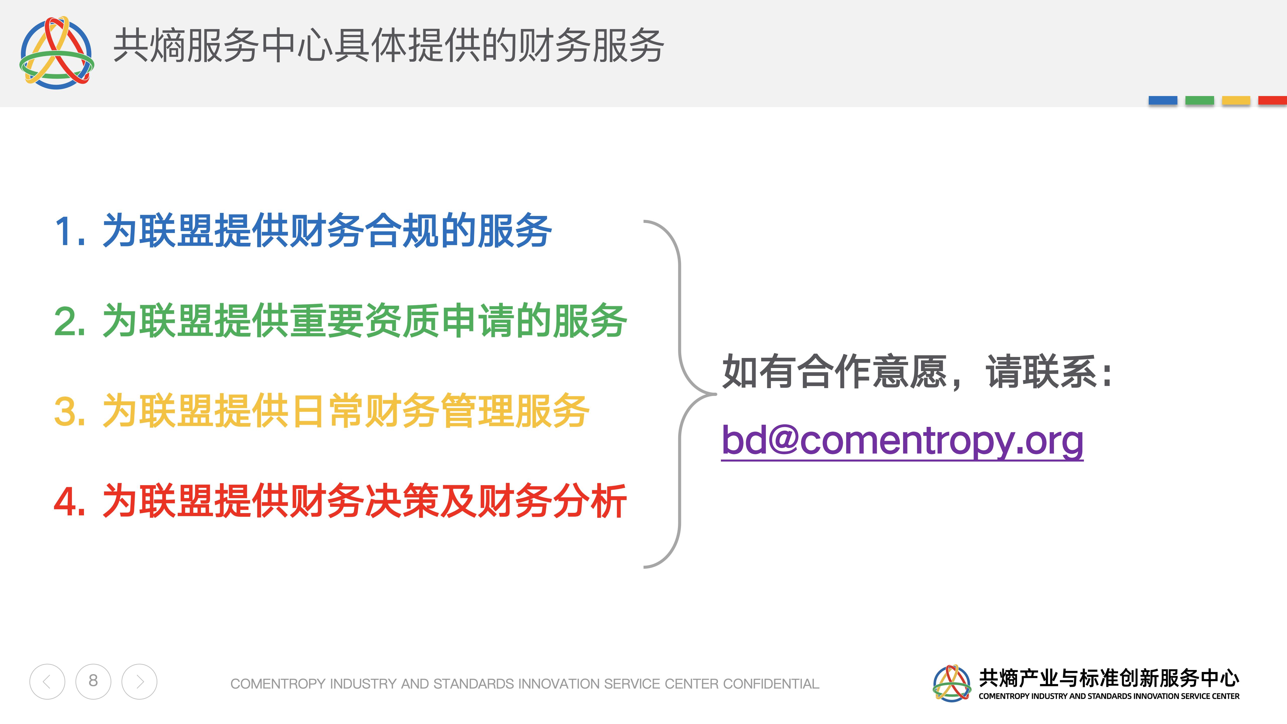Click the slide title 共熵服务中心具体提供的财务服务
coord(389,46)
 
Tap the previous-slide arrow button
coord(47,682)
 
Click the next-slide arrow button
coord(140,682)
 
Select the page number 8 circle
coord(94,682)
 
